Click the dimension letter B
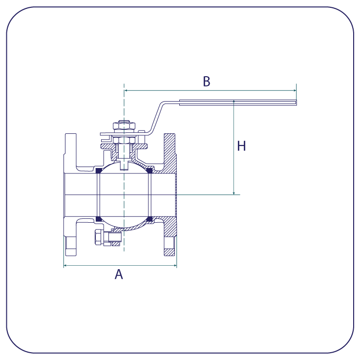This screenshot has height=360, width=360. [207, 81]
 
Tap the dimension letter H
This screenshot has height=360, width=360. [241, 146]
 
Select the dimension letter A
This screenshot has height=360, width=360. [119, 274]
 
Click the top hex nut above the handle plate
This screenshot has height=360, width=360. [124, 126]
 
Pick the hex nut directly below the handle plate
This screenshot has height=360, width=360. [124, 140]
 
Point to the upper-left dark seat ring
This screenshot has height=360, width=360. [99, 170]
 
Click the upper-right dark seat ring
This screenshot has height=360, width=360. [149, 170]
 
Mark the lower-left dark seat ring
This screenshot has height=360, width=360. [99, 219]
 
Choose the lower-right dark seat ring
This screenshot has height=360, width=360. [149, 219]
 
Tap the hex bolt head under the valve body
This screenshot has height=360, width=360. [99, 237]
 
